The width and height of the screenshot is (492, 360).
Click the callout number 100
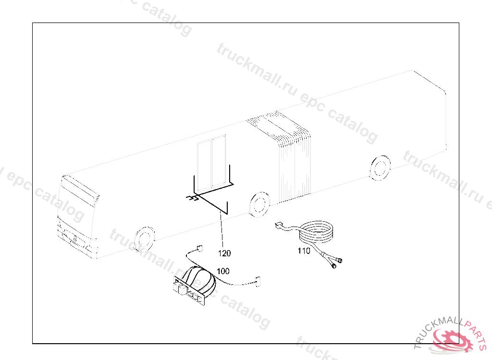tap(223, 271)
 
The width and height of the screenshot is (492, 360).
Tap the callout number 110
tap(304, 251)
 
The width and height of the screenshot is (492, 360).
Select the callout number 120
tap(224, 253)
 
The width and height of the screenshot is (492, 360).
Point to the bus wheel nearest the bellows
tap(260, 204)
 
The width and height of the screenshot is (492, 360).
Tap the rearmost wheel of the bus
tap(380, 167)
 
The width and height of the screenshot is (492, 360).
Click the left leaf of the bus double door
tap(205, 164)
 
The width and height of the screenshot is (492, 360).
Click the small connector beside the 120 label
tap(198, 249)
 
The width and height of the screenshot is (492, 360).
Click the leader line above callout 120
tap(222, 230)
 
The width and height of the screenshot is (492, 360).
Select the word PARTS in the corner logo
tap(478, 334)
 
